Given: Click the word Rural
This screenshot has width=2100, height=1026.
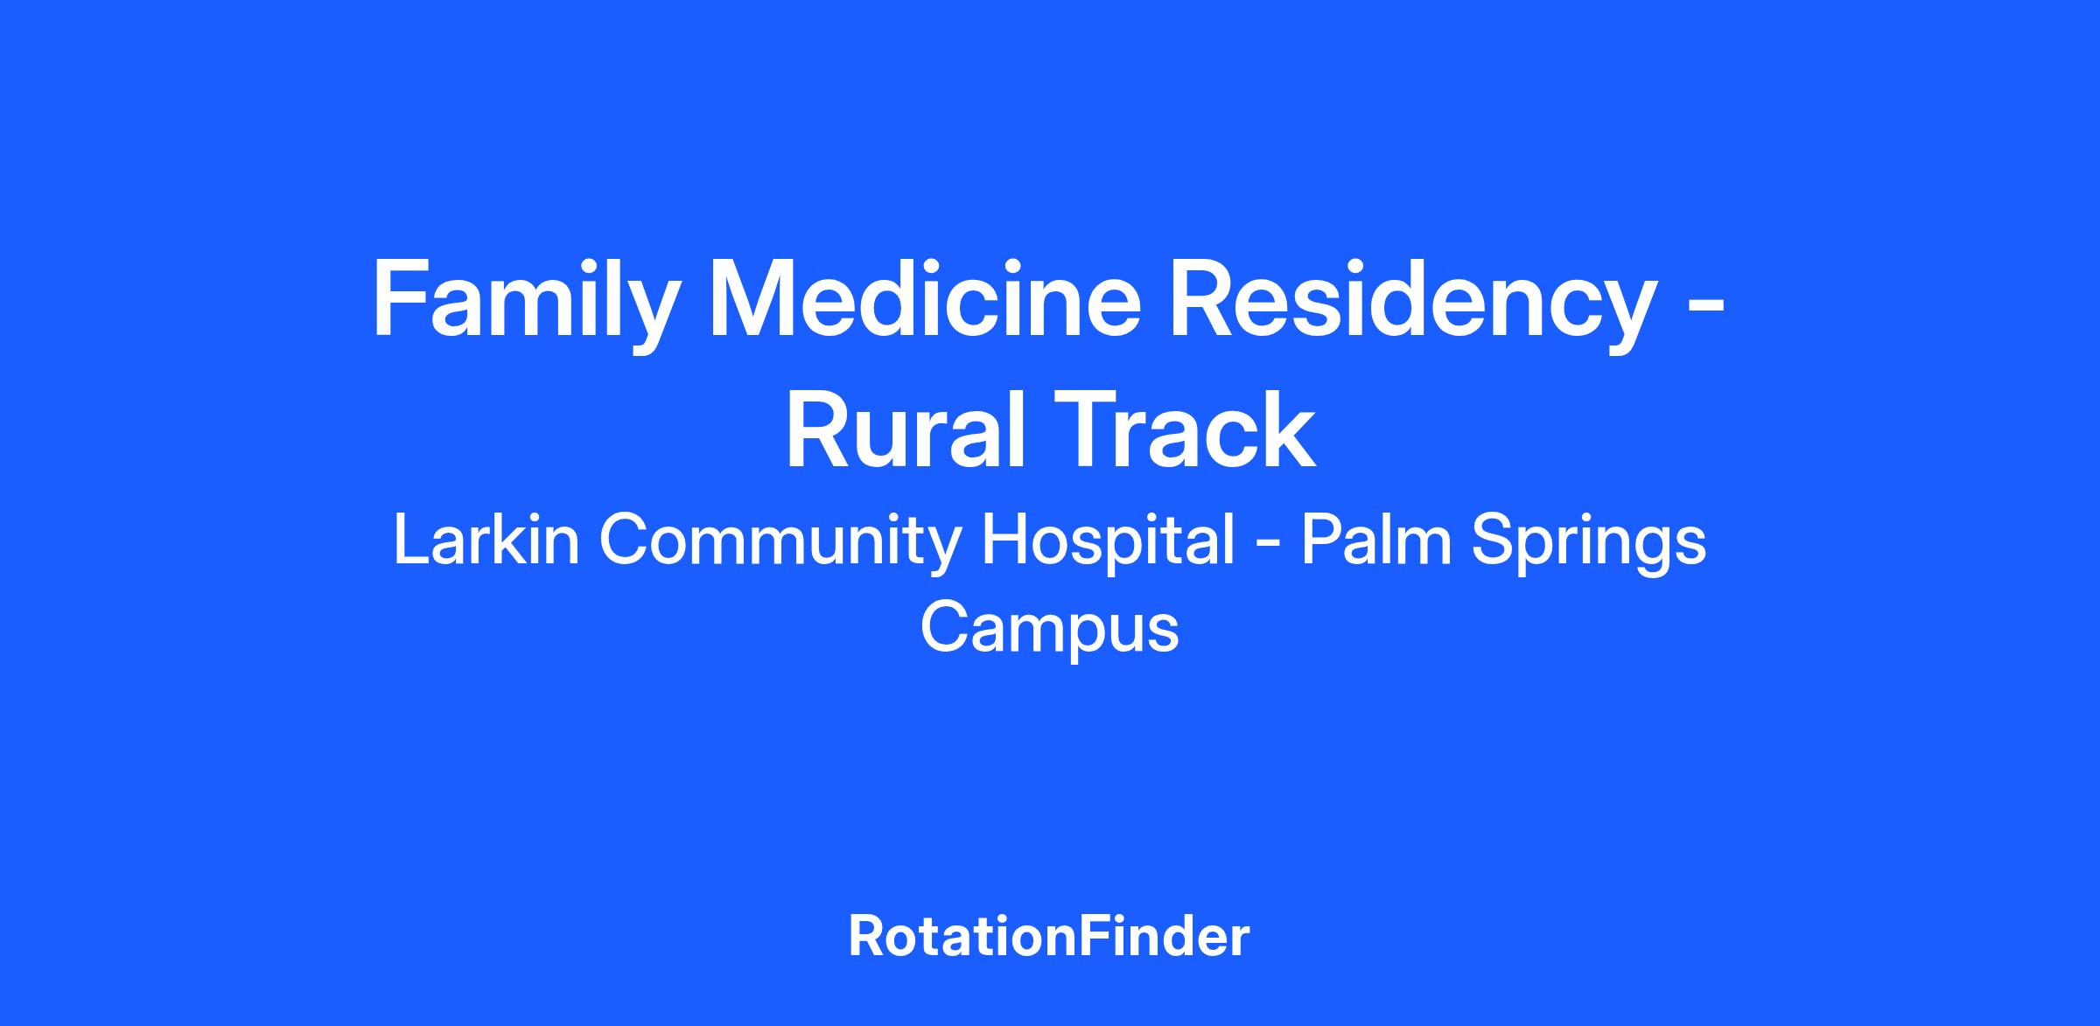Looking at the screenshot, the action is coord(906,430).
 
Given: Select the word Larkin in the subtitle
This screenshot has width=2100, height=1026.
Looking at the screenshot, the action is coord(486,541).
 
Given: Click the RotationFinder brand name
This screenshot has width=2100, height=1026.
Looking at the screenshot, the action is coord(1049,937).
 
